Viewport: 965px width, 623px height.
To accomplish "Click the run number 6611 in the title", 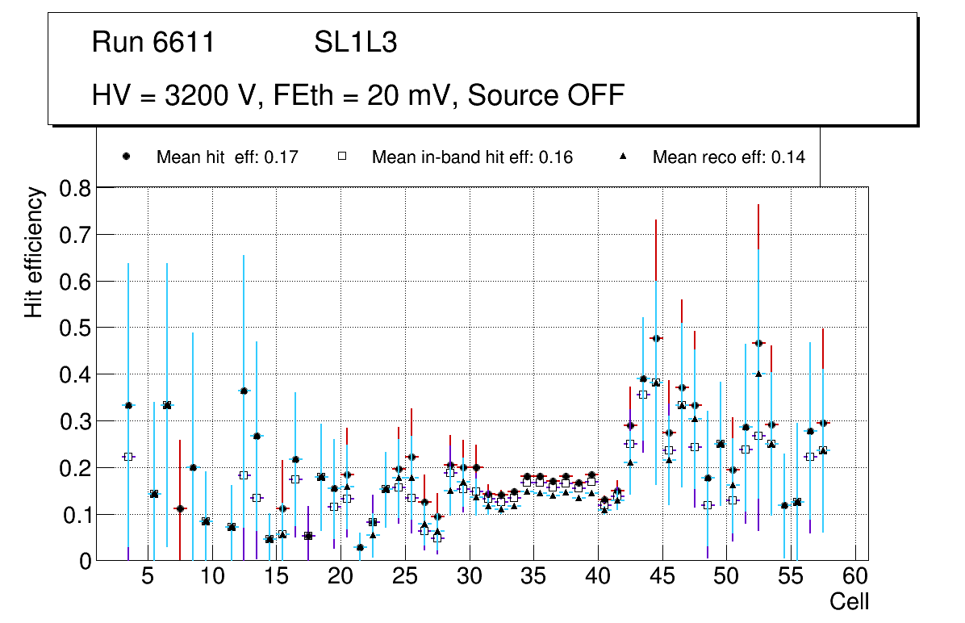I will tap(184, 43).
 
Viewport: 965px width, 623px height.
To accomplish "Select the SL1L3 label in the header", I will tap(355, 43).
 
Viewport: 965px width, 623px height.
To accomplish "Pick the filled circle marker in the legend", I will tap(127, 157).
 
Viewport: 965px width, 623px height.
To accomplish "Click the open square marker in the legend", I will tap(342, 157).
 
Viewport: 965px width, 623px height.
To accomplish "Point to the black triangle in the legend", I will tap(623, 157).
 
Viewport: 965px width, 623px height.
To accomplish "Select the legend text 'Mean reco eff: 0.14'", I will tap(729, 157).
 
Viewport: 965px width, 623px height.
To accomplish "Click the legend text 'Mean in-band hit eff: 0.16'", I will tap(472, 157).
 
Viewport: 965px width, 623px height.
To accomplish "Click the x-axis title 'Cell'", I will tap(849, 601).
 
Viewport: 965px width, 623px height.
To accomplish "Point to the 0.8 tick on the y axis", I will tap(77, 189).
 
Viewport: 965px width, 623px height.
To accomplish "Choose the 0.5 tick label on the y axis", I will tap(77, 328).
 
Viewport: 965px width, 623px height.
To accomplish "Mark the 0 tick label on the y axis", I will tap(85, 561).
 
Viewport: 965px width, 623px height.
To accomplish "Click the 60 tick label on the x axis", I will tap(855, 578).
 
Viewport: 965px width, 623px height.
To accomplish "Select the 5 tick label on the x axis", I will tap(148, 578).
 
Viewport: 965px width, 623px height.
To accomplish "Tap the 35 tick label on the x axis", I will tap(534, 578).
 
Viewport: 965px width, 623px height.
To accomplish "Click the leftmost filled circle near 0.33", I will tap(128, 405).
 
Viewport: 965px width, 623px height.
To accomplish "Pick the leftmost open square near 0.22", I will tap(128, 457).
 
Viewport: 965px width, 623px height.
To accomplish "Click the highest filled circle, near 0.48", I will tap(656, 338).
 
